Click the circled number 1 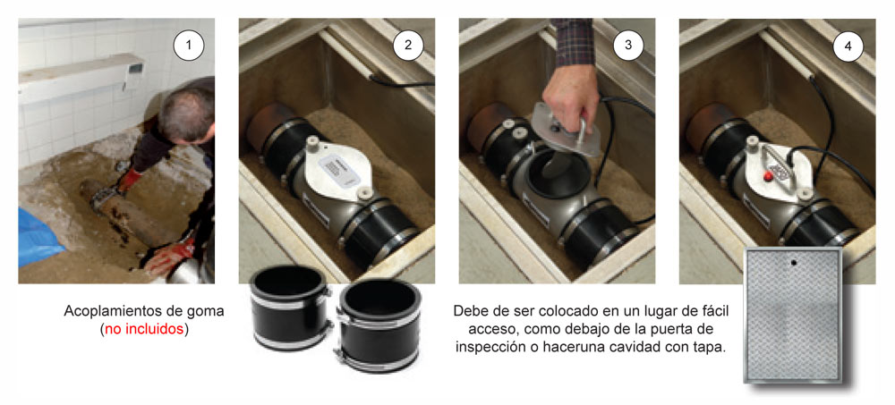[x=188, y=46]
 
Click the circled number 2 [x=408, y=46]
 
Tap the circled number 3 [x=628, y=46]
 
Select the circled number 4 [x=848, y=46]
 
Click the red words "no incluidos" [x=144, y=330]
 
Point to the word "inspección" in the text [x=484, y=348]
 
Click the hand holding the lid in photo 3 [x=571, y=101]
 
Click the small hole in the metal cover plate [x=793, y=263]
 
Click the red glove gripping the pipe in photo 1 [x=129, y=180]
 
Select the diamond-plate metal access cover [x=792, y=315]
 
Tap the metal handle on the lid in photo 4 [x=780, y=166]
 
